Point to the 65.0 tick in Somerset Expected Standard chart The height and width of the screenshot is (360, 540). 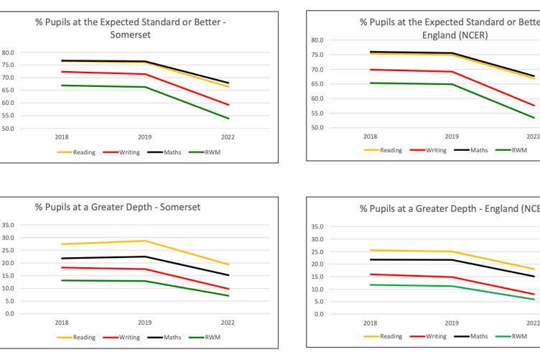point(9,90)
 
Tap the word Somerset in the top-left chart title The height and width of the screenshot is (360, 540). point(131,34)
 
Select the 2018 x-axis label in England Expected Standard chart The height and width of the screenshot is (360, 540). point(370,136)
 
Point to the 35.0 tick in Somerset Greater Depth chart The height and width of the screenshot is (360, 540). point(9,224)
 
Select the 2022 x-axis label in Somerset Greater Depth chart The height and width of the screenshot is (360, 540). point(228,322)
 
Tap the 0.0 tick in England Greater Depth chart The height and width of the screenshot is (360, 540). point(319,314)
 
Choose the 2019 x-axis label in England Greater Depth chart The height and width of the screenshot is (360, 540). point(452,323)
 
